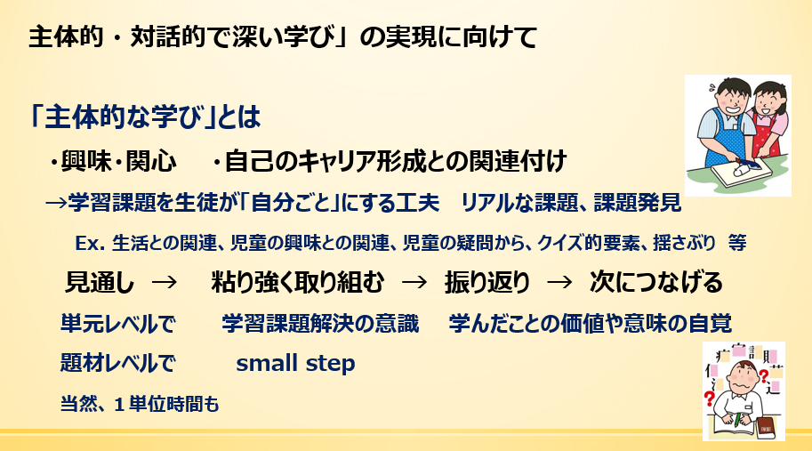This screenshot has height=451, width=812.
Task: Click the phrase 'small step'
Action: (295, 363)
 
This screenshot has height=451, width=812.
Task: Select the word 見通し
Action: (100, 283)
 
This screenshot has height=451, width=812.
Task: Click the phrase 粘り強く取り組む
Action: (298, 283)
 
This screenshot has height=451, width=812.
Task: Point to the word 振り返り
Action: (487, 283)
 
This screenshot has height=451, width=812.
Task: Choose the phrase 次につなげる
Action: (655, 283)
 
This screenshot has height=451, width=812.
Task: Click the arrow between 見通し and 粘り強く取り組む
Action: (165, 283)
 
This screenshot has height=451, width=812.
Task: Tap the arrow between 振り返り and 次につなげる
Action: (559, 283)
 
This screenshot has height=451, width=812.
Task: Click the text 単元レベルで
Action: (118, 324)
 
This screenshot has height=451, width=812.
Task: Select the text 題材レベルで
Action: (118, 363)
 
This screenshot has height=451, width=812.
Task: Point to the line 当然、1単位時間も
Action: (140, 404)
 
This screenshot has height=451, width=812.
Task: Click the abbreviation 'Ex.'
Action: (91, 244)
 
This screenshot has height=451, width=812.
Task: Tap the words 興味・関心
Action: (114, 161)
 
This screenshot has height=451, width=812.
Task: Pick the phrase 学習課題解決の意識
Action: (320, 324)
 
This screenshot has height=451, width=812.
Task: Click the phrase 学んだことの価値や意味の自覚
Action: (591, 324)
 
